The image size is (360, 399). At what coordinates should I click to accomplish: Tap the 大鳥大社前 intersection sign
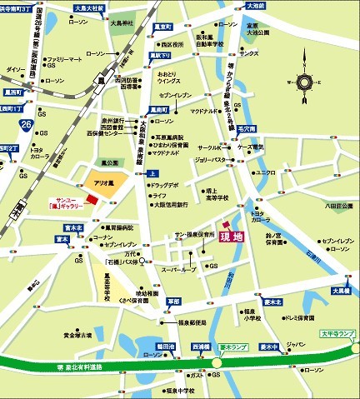[x=90, y=7]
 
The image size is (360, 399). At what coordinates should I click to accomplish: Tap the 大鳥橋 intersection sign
[x=342, y=291]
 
